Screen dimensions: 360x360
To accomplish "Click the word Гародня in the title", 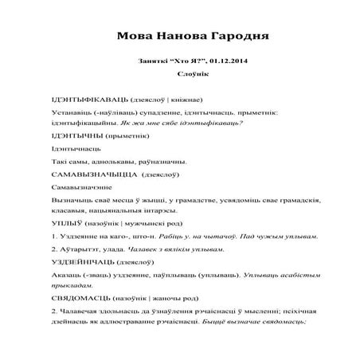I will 234,37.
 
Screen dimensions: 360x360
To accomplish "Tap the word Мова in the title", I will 136,37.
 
